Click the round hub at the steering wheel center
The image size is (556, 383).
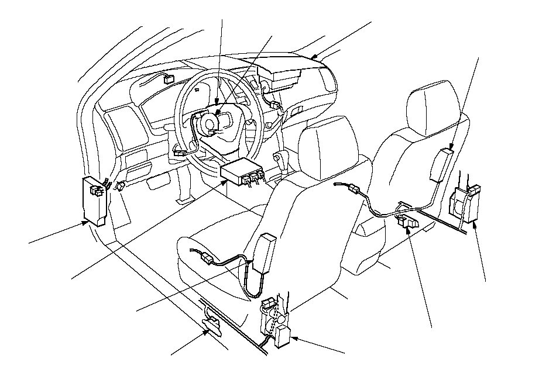209,124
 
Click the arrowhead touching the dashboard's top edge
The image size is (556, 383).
314,57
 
